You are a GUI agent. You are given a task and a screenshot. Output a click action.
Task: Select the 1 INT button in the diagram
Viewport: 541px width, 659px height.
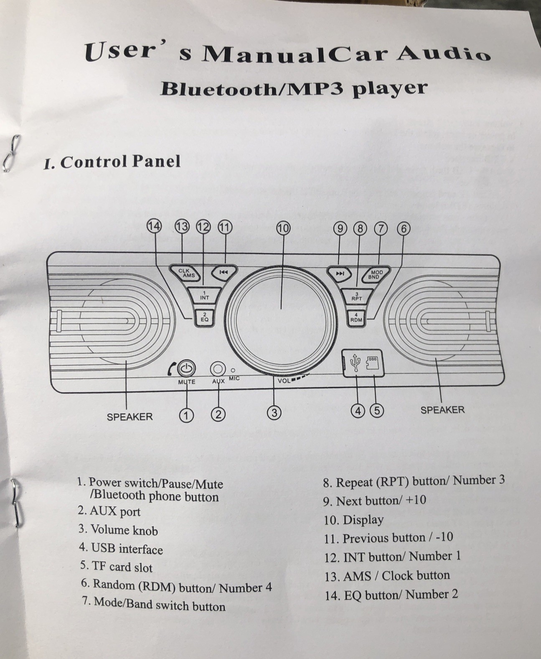click(204, 295)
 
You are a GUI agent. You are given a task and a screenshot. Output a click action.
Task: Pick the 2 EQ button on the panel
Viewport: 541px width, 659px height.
click(204, 318)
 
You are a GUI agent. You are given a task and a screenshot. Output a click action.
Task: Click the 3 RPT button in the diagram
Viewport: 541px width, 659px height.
click(357, 297)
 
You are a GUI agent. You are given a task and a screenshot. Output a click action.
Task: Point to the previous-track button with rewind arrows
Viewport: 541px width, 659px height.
click(224, 272)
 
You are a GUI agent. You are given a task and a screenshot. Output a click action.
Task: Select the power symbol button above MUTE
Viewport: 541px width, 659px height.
click(187, 369)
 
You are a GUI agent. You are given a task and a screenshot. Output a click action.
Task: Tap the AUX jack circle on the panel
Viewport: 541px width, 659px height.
click(218, 369)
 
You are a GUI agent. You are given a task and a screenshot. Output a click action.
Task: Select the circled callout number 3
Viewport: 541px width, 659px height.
click(274, 413)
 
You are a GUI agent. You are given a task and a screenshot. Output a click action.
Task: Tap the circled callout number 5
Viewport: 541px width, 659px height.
click(377, 410)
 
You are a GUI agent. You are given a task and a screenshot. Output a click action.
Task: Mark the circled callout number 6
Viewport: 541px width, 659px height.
click(404, 229)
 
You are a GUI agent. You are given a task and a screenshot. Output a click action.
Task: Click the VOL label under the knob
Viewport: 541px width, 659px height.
click(284, 381)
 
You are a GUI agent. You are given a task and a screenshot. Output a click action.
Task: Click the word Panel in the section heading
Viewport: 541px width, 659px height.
click(156, 162)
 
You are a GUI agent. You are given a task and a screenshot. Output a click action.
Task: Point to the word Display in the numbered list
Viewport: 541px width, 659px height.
click(363, 520)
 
